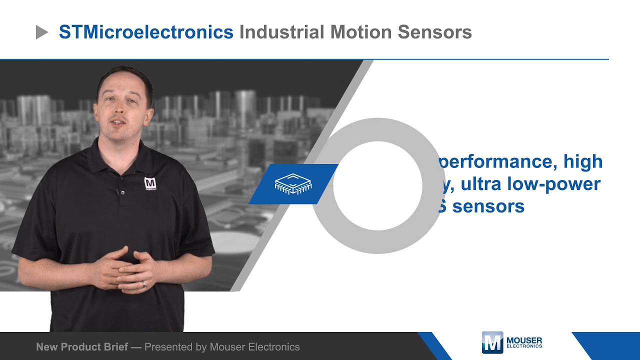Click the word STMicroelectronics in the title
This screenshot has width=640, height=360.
[146, 32]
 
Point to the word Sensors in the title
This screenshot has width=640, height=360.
[435, 32]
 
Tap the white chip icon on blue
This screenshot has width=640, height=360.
[293, 184]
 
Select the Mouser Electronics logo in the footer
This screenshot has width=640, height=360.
[511, 342]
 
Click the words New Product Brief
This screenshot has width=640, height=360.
[82, 346]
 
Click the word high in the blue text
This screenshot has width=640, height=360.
[583, 161]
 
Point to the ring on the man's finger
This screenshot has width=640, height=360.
[143, 283]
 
